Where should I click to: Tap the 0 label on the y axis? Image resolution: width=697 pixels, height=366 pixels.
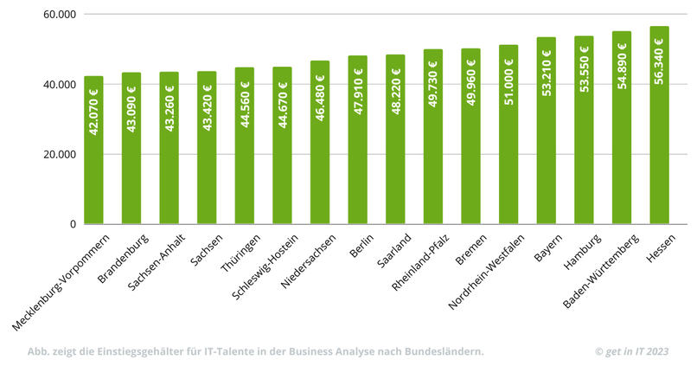pyautogui.click(x=73, y=224)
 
